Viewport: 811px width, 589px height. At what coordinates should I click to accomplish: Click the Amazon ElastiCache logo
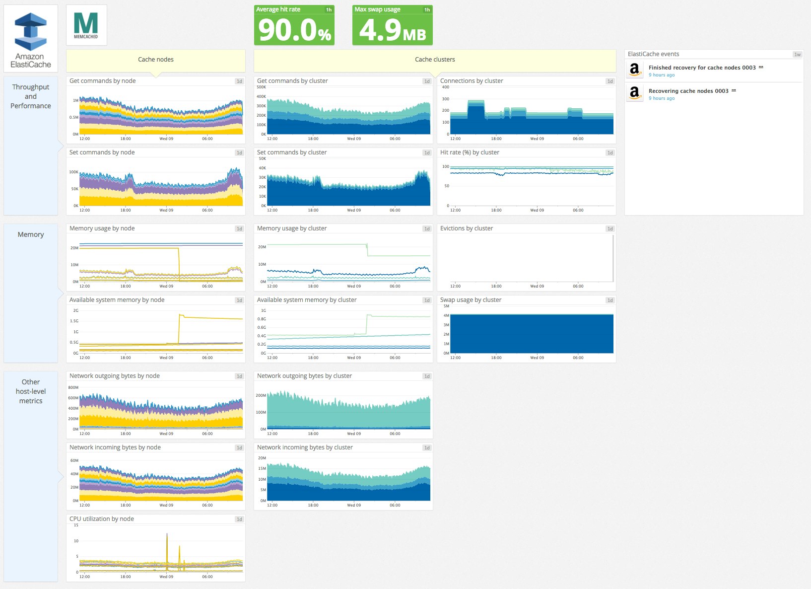click(x=31, y=39)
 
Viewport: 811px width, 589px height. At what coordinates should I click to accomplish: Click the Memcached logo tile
click(x=86, y=25)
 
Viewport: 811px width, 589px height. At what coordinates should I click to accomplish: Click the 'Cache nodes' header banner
click(x=156, y=60)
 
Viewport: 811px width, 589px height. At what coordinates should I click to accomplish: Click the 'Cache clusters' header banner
click(x=435, y=60)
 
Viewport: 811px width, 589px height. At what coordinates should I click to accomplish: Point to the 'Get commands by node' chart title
click(x=103, y=81)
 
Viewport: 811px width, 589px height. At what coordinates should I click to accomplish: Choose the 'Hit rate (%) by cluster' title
click(x=470, y=152)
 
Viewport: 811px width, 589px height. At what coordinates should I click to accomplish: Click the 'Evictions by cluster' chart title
click(x=467, y=228)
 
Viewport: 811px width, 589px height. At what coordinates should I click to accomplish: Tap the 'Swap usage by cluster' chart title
click(x=471, y=300)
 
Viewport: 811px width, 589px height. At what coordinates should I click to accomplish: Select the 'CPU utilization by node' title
click(x=102, y=519)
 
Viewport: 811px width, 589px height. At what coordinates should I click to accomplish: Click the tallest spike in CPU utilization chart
click(x=167, y=535)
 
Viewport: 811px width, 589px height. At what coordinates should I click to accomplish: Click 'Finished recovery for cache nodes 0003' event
click(x=702, y=68)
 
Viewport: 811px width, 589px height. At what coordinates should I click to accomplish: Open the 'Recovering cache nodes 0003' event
click(x=688, y=91)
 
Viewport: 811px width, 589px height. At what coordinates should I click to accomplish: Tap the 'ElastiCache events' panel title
click(x=653, y=54)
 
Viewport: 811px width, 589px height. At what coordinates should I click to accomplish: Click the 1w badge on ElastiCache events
click(x=797, y=55)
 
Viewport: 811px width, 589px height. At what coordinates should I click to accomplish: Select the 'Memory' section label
click(x=31, y=234)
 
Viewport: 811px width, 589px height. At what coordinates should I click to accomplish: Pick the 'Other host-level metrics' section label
click(x=31, y=391)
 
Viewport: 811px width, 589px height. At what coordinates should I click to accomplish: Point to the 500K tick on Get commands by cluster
click(x=262, y=87)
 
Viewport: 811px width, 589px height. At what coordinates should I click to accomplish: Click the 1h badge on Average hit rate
click(x=329, y=10)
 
